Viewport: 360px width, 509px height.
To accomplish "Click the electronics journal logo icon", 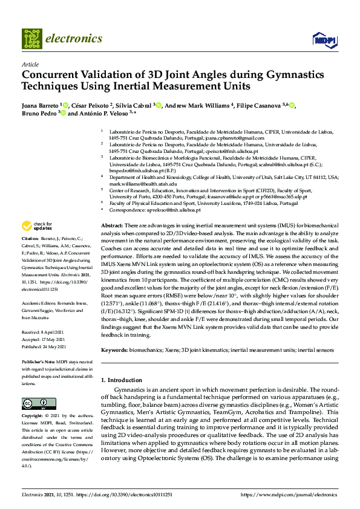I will coord(32,39).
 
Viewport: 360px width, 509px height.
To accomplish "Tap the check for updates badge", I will coord(36,226).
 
